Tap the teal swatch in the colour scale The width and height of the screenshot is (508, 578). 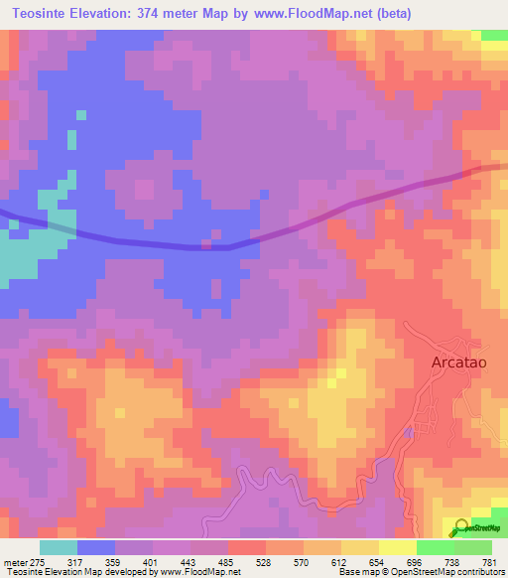59,547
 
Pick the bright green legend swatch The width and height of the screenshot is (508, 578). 435,547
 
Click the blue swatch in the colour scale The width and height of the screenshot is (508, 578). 96,547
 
